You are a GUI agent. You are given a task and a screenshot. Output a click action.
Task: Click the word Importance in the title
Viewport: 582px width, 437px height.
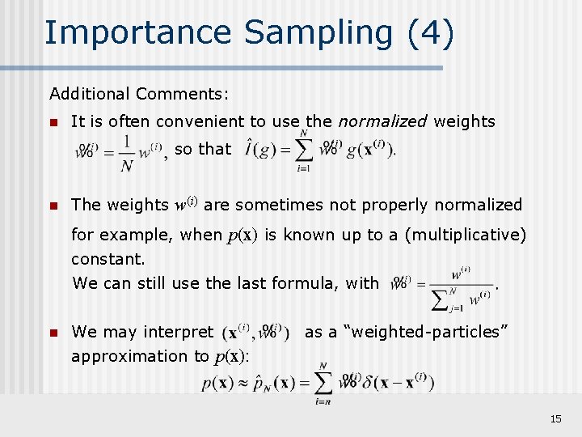point(137,33)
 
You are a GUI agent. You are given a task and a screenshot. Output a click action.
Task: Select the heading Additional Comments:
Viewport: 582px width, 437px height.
point(139,94)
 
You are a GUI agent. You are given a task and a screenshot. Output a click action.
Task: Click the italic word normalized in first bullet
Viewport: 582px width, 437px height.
point(382,121)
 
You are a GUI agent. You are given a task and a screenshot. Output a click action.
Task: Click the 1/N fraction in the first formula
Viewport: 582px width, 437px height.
point(126,153)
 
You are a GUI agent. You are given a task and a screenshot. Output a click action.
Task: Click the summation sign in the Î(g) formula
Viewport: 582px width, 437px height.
point(303,151)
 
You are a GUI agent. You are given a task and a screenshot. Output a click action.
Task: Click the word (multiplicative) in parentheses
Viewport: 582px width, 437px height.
point(465,235)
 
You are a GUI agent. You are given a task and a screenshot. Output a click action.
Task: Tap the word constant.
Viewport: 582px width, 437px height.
point(108,259)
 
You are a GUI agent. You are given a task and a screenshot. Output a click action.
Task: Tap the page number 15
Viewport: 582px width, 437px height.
point(555,418)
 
